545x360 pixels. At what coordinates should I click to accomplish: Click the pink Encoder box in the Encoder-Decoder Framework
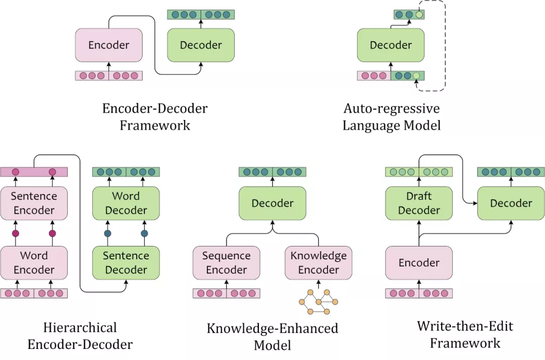click(x=108, y=45)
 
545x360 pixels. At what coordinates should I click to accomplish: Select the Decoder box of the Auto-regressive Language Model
click(x=391, y=45)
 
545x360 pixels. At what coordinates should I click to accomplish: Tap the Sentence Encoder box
click(x=34, y=203)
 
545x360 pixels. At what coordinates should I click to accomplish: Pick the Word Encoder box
click(x=34, y=263)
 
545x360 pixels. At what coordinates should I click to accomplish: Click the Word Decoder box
click(x=126, y=203)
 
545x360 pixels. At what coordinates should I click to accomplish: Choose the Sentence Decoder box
click(x=126, y=263)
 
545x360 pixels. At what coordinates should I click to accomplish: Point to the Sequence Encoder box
click(x=227, y=263)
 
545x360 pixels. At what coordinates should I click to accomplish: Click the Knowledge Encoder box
click(x=318, y=263)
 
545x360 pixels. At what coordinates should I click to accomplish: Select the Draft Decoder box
click(x=419, y=203)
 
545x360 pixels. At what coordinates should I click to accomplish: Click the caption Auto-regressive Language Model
click(x=391, y=117)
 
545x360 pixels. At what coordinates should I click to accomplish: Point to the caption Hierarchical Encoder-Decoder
click(x=80, y=336)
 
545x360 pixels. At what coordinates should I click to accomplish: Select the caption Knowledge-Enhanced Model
click(x=272, y=336)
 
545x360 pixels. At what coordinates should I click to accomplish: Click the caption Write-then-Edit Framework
click(x=465, y=334)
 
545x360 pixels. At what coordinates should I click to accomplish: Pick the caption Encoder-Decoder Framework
click(x=155, y=116)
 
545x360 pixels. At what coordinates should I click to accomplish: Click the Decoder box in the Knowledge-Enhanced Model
click(x=272, y=203)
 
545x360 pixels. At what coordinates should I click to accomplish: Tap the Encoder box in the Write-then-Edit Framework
click(x=419, y=263)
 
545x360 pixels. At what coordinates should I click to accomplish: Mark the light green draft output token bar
click(x=419, y=172)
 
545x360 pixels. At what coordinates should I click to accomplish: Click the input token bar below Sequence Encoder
click(x=227, y=293)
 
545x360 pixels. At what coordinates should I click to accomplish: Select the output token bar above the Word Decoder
click(x=126, y=172)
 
